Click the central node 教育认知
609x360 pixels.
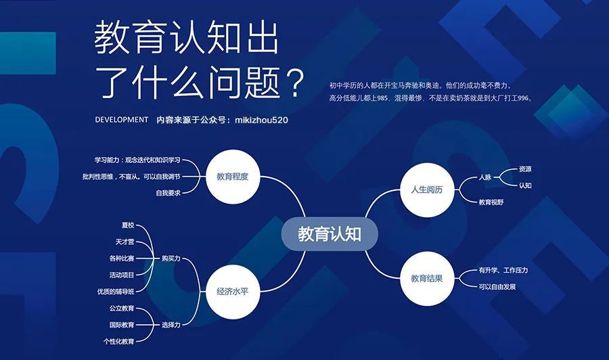click(x=330, y=233)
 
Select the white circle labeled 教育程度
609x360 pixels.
click(x=232, y=177)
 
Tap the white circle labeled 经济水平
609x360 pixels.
click(x=232, y=292)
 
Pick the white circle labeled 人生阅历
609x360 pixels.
click(x=427, y=189)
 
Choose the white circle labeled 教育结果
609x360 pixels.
click(x=427, y=278)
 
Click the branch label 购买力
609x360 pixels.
click(x=171, y=258)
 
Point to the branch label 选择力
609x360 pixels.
click(x=171, y=325)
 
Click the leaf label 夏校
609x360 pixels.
click(x=128, y=225)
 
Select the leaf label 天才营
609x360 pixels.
click(x=125, y=242)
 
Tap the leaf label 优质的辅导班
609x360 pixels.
click(x=116, y=292)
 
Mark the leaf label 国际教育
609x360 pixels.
click(x=122, y=325)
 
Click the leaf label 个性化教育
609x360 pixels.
click(x=119, y=341)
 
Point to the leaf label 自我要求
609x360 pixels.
click(x=168, y=193)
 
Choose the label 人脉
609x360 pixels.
click(x=485, y=177)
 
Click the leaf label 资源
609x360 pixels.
click(x=525, y=169)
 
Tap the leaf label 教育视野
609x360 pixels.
click(x=491, y=202)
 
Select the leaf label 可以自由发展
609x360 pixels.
click(x=497, y=287)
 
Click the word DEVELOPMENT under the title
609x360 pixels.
click(x=122, y=120)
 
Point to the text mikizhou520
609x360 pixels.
click(x=261, y=120)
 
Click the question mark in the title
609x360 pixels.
click(x=294, y=83)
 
